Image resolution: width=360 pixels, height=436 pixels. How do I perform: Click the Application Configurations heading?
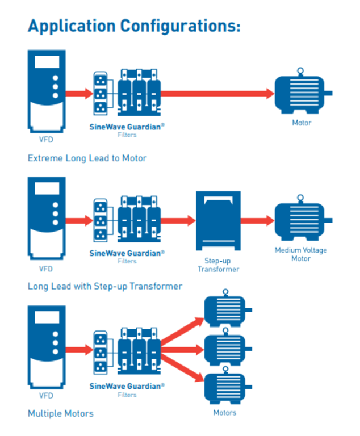tap(134, 26)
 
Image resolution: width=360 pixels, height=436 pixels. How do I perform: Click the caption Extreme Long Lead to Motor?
tap(87, 158)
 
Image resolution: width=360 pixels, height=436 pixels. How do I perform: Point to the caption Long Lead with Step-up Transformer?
tap(105, 286)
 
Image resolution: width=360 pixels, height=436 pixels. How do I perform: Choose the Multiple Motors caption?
tap(61, 413)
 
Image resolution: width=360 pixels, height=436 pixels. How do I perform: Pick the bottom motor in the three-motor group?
tap(225, 387)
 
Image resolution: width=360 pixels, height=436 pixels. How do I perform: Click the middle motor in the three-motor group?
tap(225, 348)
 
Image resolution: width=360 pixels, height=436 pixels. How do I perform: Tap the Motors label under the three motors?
tap(225, 413)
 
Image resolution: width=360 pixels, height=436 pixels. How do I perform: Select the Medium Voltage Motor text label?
tap(301, 254)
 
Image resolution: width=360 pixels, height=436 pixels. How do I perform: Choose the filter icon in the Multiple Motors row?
tap(127, 349)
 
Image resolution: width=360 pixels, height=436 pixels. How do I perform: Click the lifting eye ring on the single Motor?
tap(300, 71)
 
